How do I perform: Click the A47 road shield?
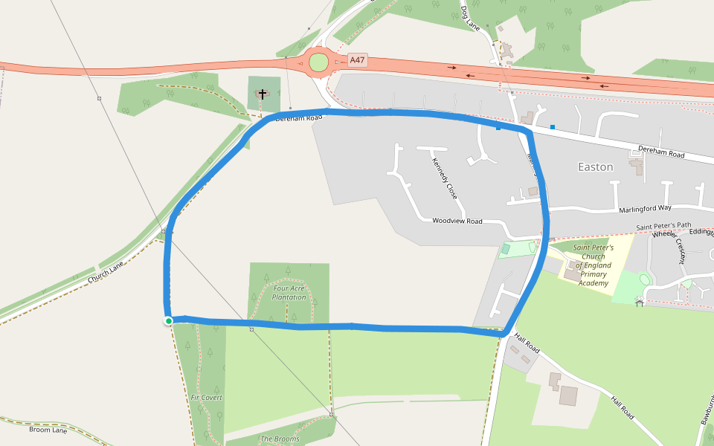pos(358,60)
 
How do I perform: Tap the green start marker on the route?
pos(169,321)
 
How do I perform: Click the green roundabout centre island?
pos(318,62)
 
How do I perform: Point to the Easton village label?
pos(596,167)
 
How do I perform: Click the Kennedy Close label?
pos(445,178)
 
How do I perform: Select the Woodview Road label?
pos(457,222)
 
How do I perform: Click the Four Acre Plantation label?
pos(289,293)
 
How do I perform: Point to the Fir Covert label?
pos(207,398)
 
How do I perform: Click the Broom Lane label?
pos(48,430)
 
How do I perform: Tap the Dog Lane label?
pos(471,18)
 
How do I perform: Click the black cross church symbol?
pos(262,94)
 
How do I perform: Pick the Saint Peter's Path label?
pos(663,226)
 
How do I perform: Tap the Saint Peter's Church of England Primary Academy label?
pos(593,265)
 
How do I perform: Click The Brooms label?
pos(280,439)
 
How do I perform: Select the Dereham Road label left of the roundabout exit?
pos(298,118)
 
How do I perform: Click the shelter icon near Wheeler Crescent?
pos(639,302)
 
